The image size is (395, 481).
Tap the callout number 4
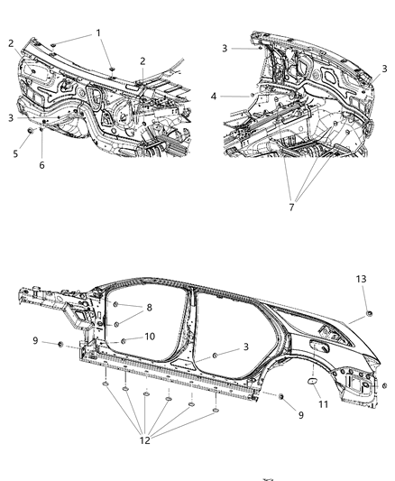click(x=214, y=96)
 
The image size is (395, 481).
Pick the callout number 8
click(x=149, y=308)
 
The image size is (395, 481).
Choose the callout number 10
click(x=151, y=337)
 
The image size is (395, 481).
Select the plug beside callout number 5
click(x=32, y=133)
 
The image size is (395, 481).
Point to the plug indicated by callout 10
click(x=122, y=339)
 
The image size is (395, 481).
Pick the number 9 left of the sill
click(x=35, y=340)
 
